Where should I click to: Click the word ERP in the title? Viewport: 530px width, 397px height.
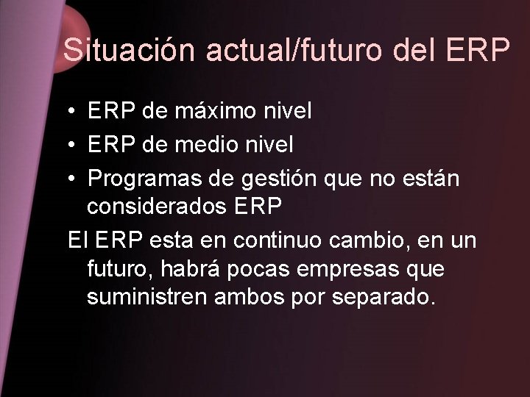(477, 50)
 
